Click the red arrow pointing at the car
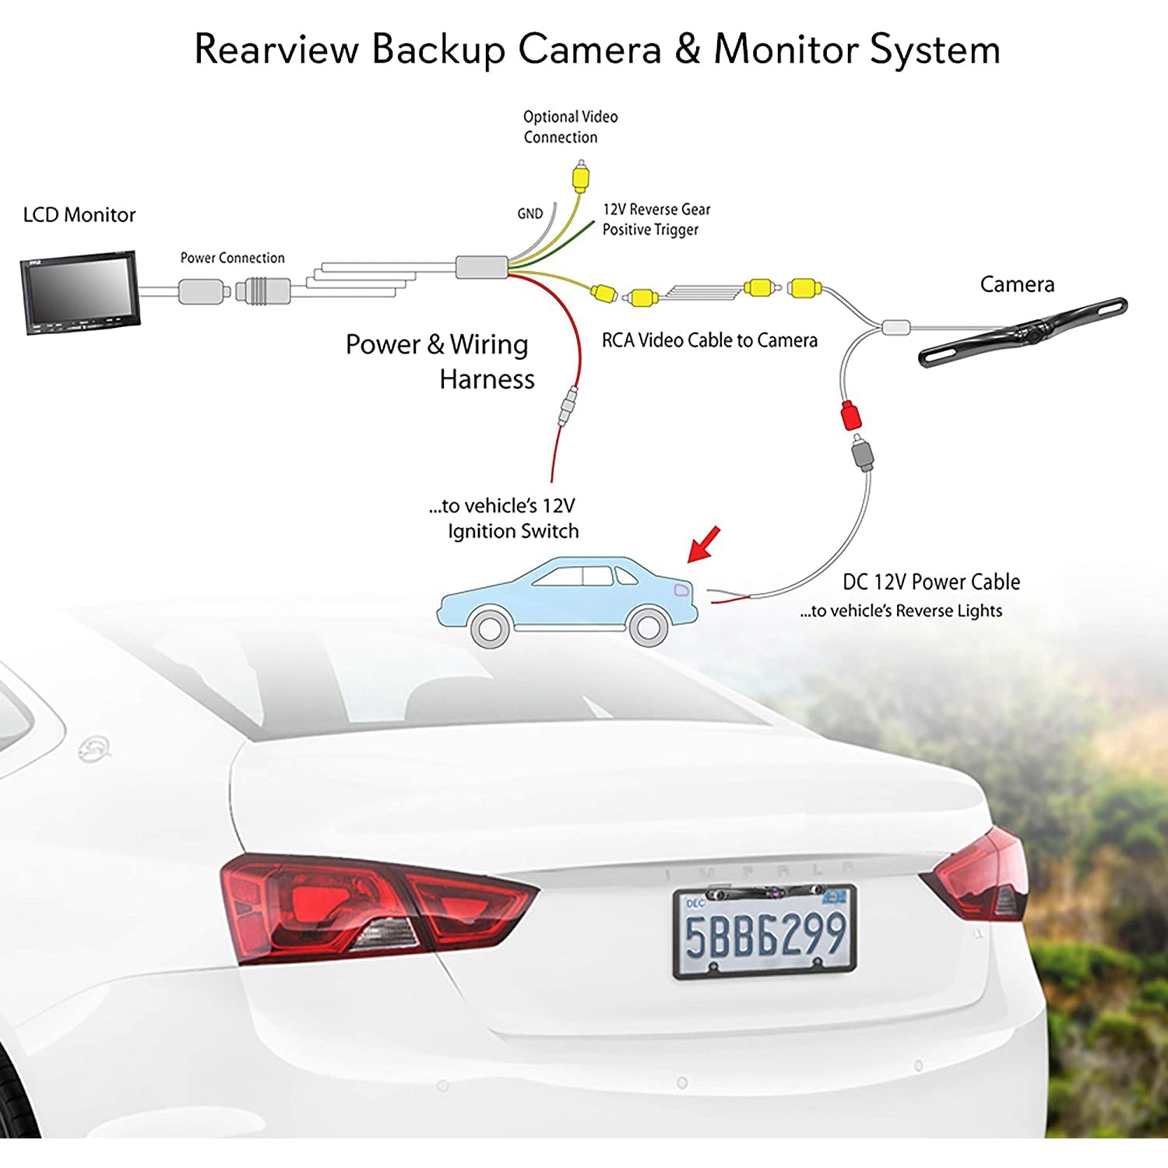tap(704, 544)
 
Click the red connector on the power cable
tap(851, 415)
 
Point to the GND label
tap(530, 213)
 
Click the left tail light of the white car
tap(374, 907)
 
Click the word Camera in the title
tap(589, 49)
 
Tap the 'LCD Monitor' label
tap(79, 215)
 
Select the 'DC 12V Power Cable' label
tap(931, 582)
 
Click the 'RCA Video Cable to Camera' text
tap(709, 340)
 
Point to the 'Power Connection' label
tap(232, 258)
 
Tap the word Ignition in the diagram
tap(488, 531)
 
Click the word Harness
tap(487, 379)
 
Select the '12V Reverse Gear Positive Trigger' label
tap(656, 220)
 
